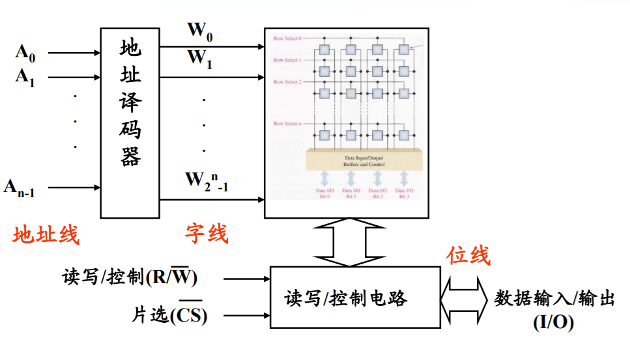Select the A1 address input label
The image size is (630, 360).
click(25, 77)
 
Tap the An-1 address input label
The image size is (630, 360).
click(20, 188)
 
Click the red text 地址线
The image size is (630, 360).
click(46, 234)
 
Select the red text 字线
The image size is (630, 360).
click(207, 233)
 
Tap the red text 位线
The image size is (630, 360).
click(468, 256)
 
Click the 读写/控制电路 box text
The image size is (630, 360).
click(346, 298)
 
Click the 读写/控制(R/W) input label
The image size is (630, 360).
click(130, 278)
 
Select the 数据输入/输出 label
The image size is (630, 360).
click(554, 299)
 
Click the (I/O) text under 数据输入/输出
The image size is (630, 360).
click(554, 322)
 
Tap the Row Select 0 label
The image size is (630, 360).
click(287, 38)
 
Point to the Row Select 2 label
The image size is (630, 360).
click(287, 82)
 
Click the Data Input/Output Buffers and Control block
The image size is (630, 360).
click(364, 160)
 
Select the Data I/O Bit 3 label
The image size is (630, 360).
click(404, 193)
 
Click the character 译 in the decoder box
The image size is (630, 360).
click(130, 102)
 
